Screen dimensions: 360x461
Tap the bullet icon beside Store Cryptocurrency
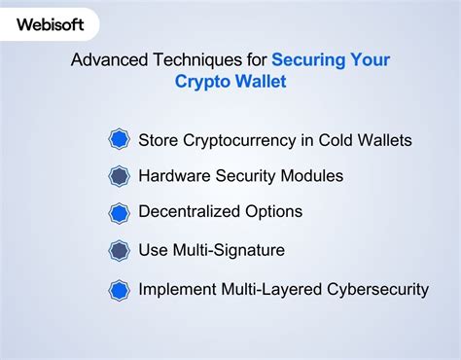pos(119,140)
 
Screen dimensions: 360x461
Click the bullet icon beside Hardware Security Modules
pos(119,176)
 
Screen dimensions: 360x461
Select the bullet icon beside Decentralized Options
pos(119,212)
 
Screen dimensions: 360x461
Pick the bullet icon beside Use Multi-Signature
pos(119,251)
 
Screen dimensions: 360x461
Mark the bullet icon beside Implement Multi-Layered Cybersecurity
pos(119,289)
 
